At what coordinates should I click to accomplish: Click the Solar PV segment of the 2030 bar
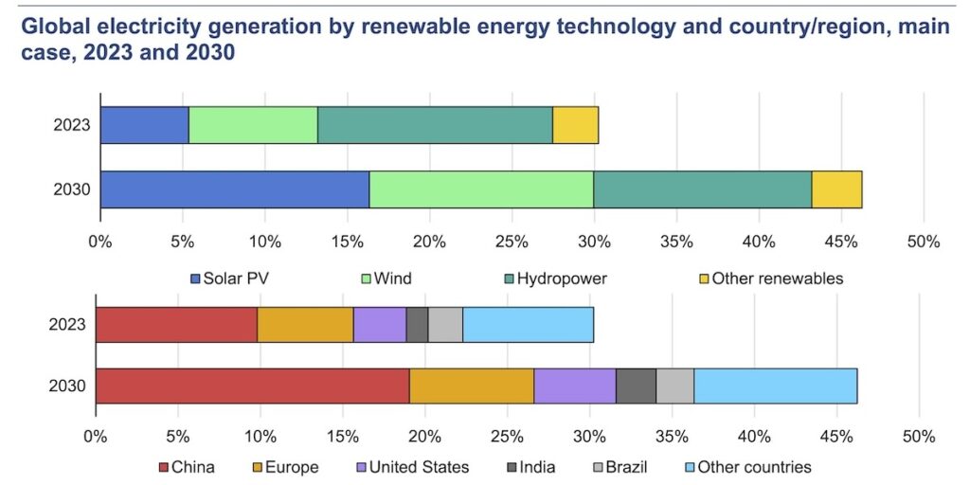(x=234, y=189)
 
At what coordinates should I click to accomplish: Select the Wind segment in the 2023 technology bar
(x=253, y=125)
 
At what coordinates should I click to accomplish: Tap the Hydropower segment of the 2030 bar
(x=702, y=189)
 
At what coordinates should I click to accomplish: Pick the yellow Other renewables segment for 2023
(x=575, y=125)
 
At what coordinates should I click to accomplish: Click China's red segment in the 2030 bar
(x=252, y=386)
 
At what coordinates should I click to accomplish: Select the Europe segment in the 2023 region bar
(x=305, y=325)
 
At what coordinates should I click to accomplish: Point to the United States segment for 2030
(x=575, y=386)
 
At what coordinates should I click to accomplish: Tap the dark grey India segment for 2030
(x=636, y=386)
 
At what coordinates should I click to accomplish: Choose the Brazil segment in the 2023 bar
(x=445, y=325)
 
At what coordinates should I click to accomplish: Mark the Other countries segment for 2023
(x=528, y=325)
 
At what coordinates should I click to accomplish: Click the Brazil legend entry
(x=610, y=467)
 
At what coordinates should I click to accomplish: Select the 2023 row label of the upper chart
(x=73, y=125)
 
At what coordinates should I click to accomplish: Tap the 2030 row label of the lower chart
(x=67, y=386)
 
